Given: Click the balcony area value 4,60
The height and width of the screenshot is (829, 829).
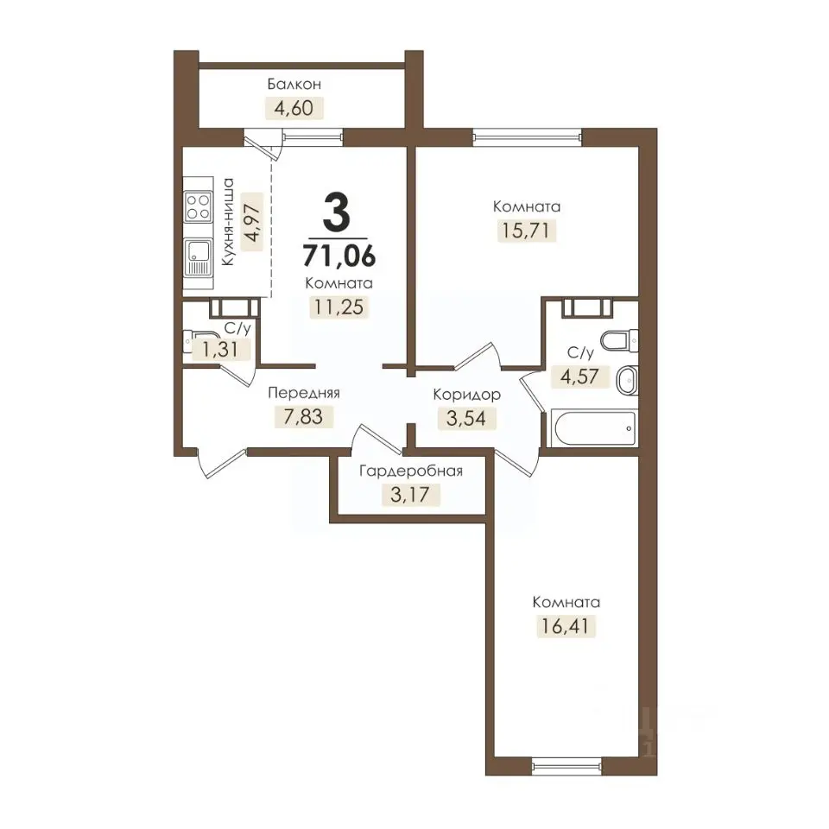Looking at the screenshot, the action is point(294,108).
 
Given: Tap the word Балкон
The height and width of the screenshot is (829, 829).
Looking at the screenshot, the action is point(294,84).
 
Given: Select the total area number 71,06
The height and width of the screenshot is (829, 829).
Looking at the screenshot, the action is point(339,256).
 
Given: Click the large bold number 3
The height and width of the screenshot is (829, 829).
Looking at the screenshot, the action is point(337,212).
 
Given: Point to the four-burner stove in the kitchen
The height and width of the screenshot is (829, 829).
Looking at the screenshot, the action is point(199,206).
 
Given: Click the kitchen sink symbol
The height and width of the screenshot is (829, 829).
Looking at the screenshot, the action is point(198,257).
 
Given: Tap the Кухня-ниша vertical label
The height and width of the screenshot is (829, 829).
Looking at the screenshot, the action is point(228,222).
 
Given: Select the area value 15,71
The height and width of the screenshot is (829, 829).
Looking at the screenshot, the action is point(526,231).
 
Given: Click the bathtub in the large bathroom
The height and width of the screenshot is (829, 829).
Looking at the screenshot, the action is point(593,427).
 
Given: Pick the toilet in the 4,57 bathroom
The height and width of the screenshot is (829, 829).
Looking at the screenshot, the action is point(620,340).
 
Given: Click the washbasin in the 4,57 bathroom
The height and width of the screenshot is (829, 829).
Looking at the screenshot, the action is point(628,380).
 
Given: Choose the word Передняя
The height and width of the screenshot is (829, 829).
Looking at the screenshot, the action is point(304,393).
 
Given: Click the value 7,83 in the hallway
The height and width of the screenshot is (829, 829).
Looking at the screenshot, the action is point(303,416).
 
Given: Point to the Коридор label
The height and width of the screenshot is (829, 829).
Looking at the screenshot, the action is point(467,395).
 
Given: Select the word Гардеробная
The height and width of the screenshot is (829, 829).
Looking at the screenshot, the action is point(411,471).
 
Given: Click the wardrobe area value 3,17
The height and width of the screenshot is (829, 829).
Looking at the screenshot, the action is point(409,495).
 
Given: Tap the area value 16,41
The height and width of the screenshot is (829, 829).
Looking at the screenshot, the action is point(565,626).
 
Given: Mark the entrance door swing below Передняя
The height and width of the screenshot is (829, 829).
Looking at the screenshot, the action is point(220,464).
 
